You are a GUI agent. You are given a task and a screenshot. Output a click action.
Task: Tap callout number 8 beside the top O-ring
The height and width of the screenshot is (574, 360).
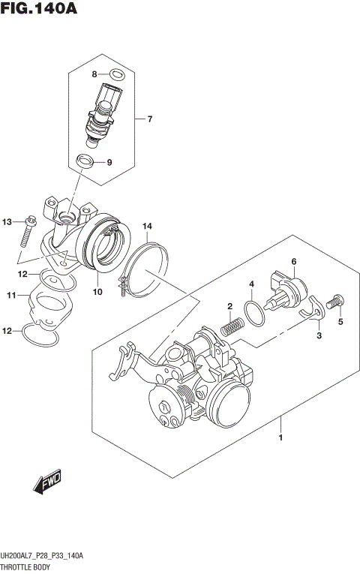(95, 74)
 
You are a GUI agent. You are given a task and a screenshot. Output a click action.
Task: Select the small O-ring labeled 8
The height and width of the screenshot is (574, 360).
(116, 74)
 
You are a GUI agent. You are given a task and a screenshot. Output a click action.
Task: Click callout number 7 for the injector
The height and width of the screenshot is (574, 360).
(149, 119)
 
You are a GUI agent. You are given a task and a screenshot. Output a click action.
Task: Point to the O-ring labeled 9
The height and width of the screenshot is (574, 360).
(86, 161)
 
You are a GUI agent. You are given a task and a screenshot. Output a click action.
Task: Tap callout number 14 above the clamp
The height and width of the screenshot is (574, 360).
(148, 226)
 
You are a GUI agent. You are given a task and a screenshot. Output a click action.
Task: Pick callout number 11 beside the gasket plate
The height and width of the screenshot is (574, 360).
(11, 296)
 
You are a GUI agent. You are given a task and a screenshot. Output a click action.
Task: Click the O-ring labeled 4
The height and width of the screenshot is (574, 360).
(256, 313)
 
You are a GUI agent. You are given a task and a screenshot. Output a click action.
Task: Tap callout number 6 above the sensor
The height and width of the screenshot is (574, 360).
(294, 262)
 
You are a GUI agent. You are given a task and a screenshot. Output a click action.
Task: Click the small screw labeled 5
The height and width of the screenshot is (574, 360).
(336, 301)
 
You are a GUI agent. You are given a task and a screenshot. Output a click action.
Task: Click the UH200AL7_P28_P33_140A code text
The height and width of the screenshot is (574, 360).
(42, 555)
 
